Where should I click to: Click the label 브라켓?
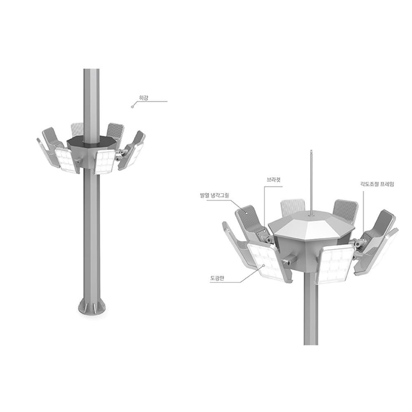273,180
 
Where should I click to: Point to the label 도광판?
216,279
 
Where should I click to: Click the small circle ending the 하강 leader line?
132,107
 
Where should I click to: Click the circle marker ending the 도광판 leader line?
262,267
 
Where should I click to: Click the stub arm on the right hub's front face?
289,260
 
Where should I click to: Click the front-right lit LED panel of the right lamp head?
336,264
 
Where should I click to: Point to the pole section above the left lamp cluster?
92,99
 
